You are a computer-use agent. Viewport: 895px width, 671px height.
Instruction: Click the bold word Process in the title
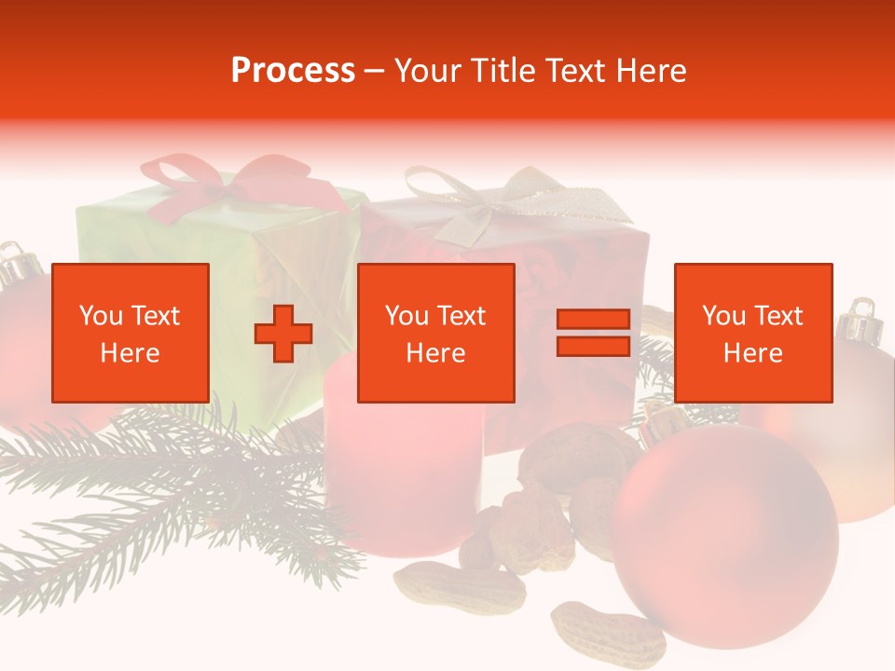pos(293,71)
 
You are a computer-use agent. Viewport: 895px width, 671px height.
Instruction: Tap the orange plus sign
pos(283,334)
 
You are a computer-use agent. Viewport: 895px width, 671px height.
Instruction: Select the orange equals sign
pos(593,333)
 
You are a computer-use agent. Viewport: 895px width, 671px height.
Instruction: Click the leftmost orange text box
pos(131,333)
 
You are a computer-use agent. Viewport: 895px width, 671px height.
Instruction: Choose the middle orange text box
pos(436,333)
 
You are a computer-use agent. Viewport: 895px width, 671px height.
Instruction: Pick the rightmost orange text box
pos(753,333)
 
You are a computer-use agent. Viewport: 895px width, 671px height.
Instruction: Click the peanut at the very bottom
pos(606,635)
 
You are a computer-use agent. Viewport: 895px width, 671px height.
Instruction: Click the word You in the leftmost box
pos(100,316)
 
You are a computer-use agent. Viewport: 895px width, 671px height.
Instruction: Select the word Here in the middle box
pos(436,353)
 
